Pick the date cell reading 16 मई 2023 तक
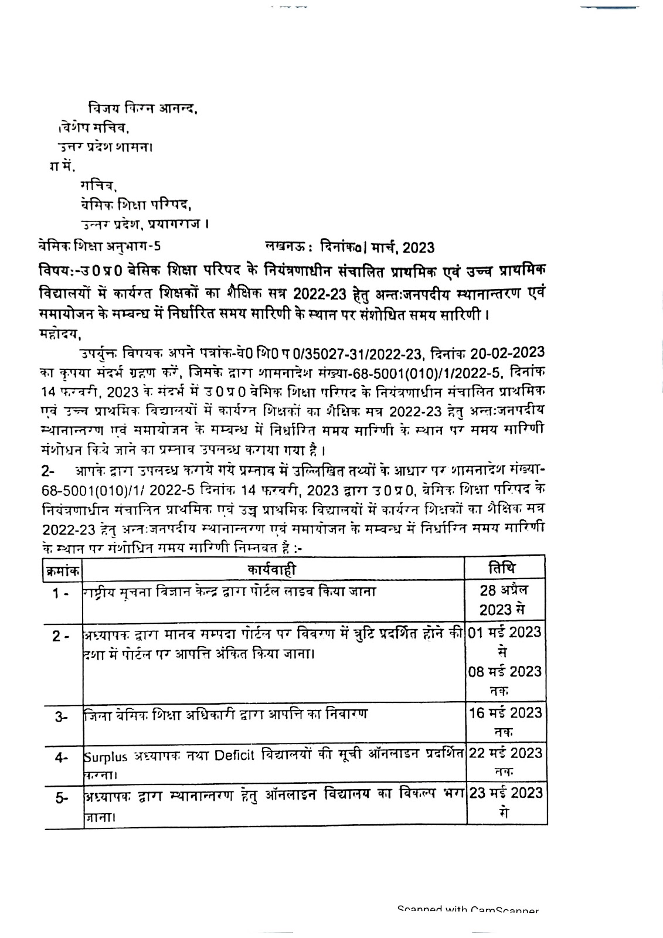coord(505,721)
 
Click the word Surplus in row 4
coord(103,756)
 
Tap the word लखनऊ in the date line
coord(281,247)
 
